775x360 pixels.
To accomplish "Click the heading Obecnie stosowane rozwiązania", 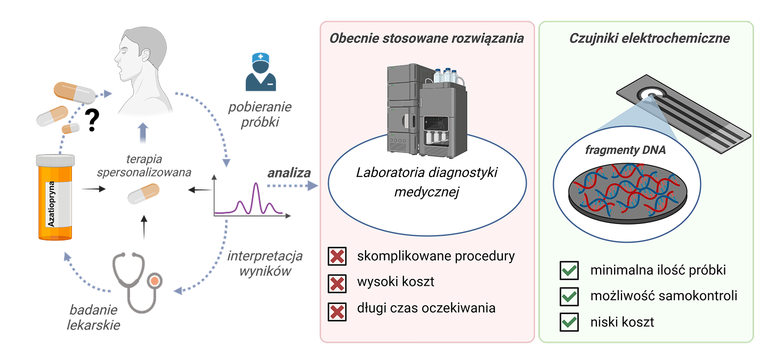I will (x=426, y=38).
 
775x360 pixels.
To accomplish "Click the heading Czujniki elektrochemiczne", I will (x=649, y=38).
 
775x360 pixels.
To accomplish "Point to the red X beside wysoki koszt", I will (x=337, y=282).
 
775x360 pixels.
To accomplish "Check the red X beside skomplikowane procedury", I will (x=337, y=257).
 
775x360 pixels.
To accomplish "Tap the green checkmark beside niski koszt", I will (x=569, y=322).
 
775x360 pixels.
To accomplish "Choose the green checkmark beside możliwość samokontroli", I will (x=569, y=296).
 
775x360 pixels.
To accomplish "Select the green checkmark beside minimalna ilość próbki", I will (x=569, y=270).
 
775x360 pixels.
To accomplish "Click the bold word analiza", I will (x=289, y=173).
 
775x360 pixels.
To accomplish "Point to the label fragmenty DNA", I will (x=625, y=150).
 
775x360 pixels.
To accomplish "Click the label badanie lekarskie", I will (x=94, y=317).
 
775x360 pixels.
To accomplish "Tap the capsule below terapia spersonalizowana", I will (x=143, y=194).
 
